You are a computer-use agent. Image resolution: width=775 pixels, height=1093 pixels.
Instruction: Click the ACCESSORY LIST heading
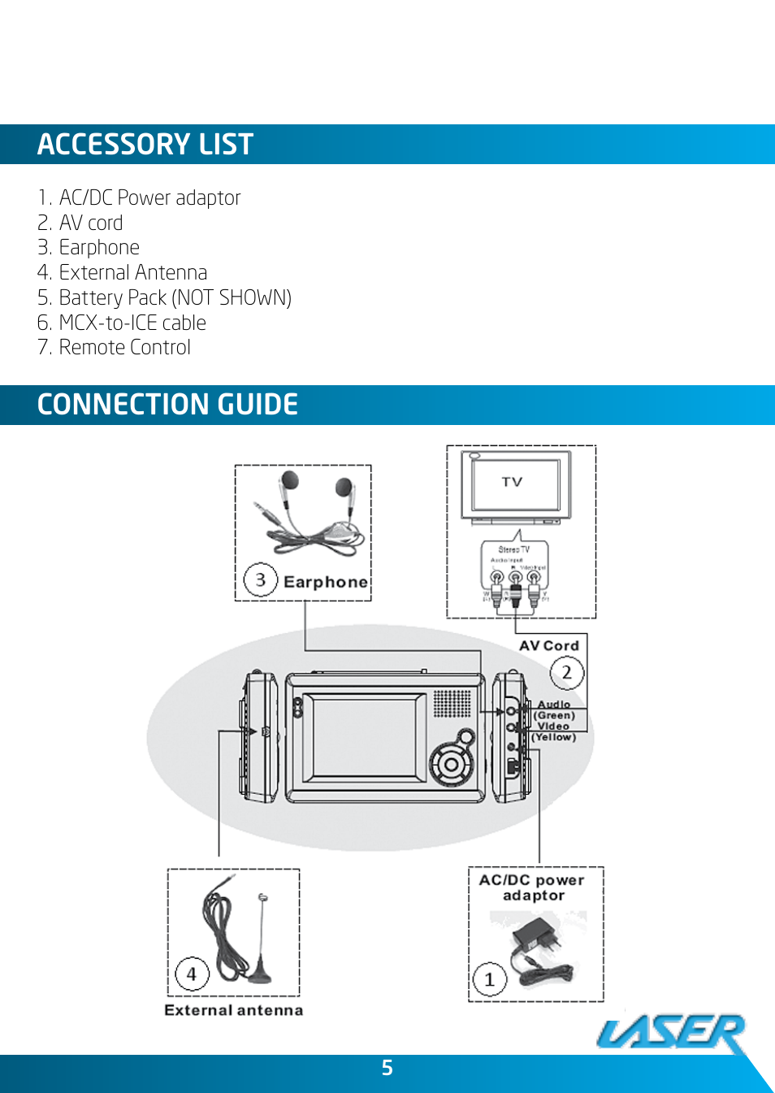coord(145,145)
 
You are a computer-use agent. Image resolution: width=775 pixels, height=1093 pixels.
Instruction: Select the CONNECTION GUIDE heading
coord(167,405)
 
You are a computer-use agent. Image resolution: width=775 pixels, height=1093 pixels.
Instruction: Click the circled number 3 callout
coord(261,580)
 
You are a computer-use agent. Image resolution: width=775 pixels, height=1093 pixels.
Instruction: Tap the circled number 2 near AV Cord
coord(566,673)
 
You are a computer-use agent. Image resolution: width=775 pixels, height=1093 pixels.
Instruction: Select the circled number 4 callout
coord(192,974)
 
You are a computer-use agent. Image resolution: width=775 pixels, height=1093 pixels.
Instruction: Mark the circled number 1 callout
coord(489,980)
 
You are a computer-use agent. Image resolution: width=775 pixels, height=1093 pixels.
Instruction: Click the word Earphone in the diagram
coord(325,582)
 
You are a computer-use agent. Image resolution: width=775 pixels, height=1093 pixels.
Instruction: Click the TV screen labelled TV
coord(512,483)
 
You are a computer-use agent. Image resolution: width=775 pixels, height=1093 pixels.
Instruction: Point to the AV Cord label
coord(549,646)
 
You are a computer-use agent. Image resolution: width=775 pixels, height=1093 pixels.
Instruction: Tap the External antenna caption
coord(233,1010)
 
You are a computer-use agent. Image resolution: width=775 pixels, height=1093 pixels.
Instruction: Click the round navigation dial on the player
coord(451,764)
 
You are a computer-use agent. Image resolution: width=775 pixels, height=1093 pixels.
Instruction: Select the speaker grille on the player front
coord(452,704)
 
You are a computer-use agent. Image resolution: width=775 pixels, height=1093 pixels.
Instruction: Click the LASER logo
coord(672,1033)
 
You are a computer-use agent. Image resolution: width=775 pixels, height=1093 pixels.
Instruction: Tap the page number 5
coord(387,1068)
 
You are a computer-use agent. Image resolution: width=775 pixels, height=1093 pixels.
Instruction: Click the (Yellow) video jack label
coord(554,737)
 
